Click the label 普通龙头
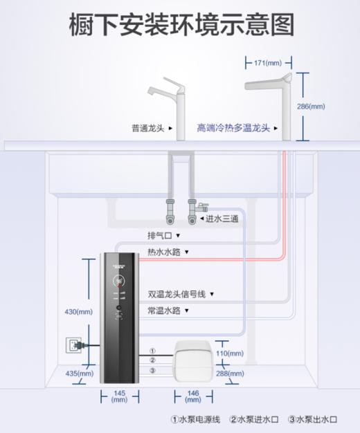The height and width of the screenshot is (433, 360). tap(147, 128)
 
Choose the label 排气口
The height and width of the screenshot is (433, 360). tap(157, 235)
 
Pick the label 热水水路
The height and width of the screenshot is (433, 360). tap(164, 252)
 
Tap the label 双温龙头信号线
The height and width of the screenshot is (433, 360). tap(177, 294)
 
